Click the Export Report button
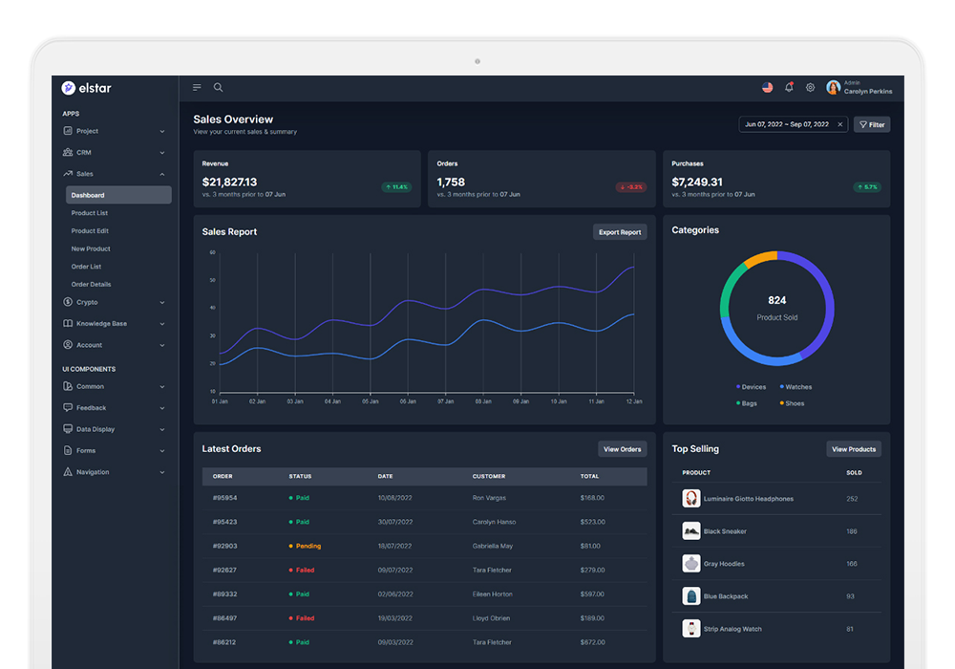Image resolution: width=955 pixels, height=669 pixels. [x=620, y=232]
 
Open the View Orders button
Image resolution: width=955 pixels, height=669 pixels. [x=622, y=449]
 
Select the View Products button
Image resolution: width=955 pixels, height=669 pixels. [x=853, y=449]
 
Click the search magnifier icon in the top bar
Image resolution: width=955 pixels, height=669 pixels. [x=218, y=87]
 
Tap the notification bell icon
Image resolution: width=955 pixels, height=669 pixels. [x=789, y=87]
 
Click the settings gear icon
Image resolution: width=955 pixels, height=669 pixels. [x=810, y=87]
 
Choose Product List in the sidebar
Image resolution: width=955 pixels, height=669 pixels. [x=90, y=213]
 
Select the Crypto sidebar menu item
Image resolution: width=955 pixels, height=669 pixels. [x=87, y=302]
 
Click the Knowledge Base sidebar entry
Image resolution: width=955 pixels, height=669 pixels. [x=101, y=324]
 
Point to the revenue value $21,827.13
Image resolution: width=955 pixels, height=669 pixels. [x=229, y=182]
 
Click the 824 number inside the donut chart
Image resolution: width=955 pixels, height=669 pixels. [x=776, y=300]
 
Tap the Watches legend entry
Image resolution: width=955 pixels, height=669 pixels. [x=797, y=387]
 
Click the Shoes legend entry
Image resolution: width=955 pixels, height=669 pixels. [x=794, y=403]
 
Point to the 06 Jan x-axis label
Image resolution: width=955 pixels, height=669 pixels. [x=408, y=401]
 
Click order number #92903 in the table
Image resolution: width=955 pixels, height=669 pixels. [x=225, y=546]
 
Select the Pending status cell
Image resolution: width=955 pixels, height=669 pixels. [x=308, y=546]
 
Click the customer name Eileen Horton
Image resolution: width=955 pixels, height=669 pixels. [x=493, y=594]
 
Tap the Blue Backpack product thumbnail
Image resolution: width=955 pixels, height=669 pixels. [x=691, y=596]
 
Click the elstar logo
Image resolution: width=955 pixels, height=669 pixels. [x=87, y=88]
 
